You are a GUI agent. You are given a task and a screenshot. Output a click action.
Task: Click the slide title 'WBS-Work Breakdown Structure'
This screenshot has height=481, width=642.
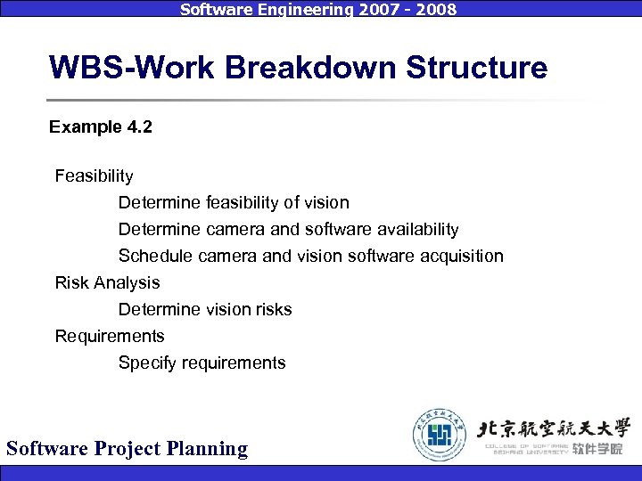[298, 68]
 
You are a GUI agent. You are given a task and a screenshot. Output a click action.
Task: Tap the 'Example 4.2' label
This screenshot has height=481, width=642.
[101, 127]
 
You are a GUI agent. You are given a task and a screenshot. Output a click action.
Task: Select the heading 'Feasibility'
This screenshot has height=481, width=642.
[94, 175]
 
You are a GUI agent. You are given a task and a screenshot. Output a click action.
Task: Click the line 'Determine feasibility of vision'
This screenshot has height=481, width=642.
[234, 202]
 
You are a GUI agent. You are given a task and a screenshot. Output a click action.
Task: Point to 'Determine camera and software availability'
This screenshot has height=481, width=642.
[288, 229]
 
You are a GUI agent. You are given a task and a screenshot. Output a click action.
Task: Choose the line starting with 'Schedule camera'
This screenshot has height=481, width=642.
[310, 256]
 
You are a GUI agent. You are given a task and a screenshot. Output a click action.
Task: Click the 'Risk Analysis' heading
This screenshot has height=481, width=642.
[107, 282]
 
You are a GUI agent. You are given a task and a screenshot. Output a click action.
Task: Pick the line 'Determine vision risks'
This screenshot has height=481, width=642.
[205, 309]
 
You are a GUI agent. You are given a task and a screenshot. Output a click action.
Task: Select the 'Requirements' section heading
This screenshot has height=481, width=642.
[110, 336]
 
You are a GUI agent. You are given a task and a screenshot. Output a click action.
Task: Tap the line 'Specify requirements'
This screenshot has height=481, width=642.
[202, 363]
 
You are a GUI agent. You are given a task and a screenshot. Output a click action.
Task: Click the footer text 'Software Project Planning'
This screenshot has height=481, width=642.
[127, 448]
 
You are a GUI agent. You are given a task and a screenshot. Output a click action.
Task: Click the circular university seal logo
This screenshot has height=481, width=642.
[439, 434]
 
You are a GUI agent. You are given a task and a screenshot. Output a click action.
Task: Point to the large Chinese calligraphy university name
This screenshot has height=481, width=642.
[555, 427]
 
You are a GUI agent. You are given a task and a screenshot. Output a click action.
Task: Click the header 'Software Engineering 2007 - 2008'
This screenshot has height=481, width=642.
[318, 10]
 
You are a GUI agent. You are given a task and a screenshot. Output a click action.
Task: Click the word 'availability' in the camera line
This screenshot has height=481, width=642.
[416, 229]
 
